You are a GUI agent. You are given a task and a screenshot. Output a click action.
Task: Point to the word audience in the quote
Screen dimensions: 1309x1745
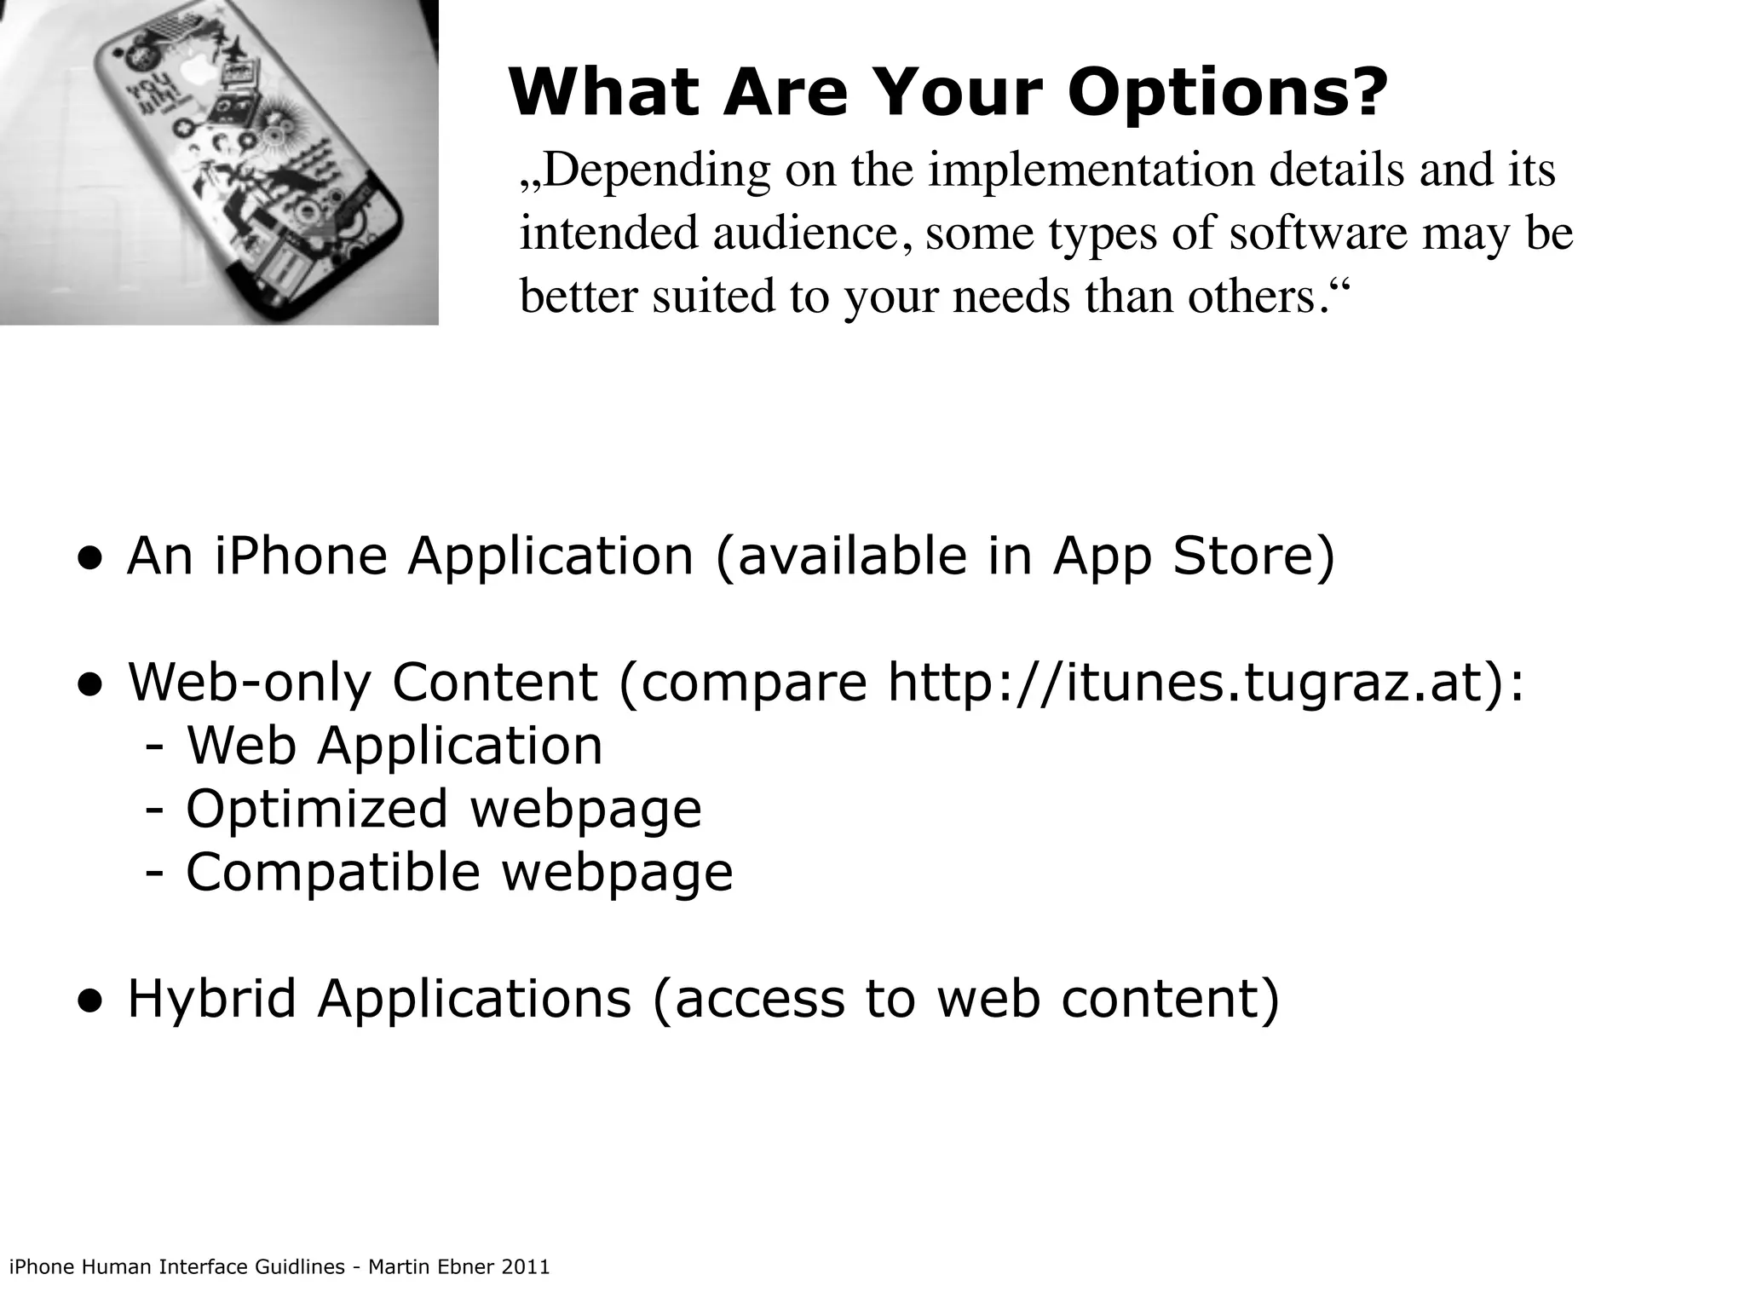click(805, 233)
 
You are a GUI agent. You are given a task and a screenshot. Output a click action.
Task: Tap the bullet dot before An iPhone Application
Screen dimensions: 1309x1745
click(91, 559)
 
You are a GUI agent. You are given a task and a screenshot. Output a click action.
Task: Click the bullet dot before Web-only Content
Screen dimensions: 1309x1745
click(91, 685)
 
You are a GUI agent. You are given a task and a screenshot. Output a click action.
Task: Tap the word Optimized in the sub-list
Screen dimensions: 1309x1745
click(316, 809)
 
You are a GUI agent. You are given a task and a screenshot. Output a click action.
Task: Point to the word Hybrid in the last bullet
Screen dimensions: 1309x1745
click(211, 999)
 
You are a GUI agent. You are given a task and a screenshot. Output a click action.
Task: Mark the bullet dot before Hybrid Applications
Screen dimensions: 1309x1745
click(91, 1001)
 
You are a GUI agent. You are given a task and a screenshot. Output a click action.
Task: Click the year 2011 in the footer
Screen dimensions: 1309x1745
click(526, 1267)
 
